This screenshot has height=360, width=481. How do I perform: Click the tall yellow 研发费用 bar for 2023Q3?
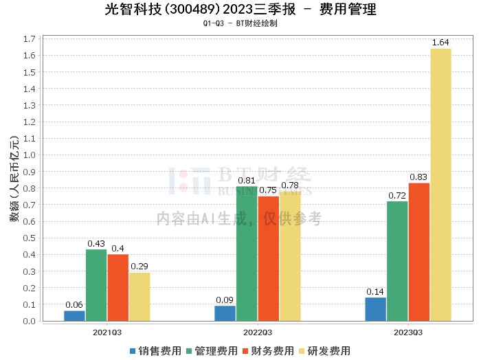pos(440,185)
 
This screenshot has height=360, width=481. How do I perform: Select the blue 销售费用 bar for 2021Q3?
pos(74,316)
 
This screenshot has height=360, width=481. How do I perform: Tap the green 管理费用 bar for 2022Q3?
pos(247,254)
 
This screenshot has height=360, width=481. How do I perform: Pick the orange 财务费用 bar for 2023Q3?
pos(419,252)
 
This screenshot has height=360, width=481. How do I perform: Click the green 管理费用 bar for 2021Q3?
pos(96,285)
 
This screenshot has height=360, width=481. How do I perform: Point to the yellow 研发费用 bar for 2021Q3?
pos(139,297)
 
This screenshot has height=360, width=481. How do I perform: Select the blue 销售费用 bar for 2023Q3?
pos(376,309)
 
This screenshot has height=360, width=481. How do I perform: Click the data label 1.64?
pos(440,43)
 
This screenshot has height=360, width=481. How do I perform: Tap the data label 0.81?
pos(247,181)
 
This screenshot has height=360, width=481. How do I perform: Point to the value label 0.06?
pos(74,305)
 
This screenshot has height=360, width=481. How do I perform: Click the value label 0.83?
pos(419,177)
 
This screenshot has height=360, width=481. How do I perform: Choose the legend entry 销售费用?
pos(155,351)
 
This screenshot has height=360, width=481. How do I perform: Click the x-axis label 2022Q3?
pos(258,332)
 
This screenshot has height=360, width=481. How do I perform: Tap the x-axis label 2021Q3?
pos(107,332)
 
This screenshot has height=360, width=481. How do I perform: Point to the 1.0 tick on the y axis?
pos(30,155)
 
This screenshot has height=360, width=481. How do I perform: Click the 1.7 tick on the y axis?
pos(30,38)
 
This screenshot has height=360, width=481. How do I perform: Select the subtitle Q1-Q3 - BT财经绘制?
pos(240,23)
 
